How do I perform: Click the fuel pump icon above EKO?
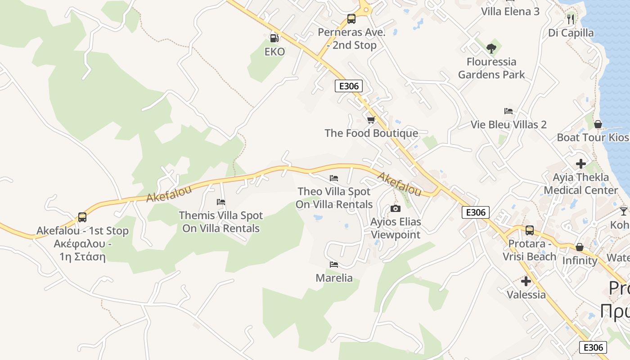coord(274,38)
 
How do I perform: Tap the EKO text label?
coord(274,52)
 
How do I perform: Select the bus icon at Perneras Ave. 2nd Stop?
coord(351,19)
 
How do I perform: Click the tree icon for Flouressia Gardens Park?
coord(491,48)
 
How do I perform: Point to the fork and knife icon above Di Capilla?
coord(571,19)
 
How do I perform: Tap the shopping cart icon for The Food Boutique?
coord(371,120)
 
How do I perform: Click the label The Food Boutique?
coord(371,133)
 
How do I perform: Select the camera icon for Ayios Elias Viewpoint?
coord(396,208)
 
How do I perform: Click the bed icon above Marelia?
coord(333,264)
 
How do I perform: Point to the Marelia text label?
coord(334,278)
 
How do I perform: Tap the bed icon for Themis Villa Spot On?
coord(220,202)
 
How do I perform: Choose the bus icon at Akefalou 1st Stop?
coord(82,217)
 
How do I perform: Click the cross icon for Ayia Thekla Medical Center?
coord(581,164)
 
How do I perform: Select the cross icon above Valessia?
coord(526,282)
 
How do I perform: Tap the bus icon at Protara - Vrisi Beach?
coord(530,230)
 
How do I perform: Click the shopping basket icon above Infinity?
coord(580,247)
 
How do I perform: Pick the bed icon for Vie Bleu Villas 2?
coord(508,111)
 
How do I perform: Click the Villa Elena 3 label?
coord(510,12)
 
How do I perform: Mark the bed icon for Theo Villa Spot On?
coord(333,178)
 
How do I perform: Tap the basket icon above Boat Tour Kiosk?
coord(598,124)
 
